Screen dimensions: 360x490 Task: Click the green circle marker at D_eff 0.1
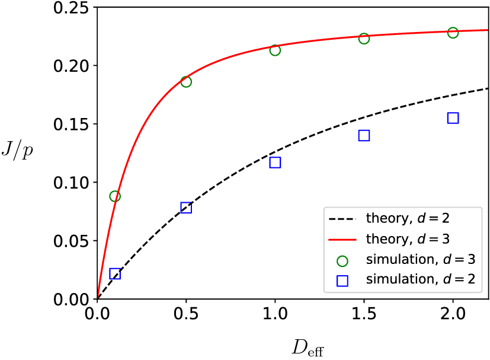coord(115,196)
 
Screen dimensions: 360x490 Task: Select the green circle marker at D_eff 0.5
coord(186,82)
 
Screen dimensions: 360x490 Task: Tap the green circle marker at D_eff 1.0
coord(275,50)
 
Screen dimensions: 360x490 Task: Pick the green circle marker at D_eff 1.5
coord(364,39)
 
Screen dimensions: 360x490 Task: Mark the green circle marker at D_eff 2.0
coord(453,33)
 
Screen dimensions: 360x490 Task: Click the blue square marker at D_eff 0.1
coord(115,273)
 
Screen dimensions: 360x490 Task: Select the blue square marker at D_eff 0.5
coord(186,208)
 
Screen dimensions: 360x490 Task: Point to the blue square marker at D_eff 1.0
coord(275,163)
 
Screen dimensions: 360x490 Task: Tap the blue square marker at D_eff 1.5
coord(364,135)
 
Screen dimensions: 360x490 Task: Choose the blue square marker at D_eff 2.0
coord(453,118)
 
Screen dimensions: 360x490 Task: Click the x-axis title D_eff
coord(306,348)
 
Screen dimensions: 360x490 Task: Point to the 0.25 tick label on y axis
coord(71,8)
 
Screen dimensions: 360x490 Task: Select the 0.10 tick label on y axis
coord(71,183)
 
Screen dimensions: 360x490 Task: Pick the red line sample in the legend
coord(342,239)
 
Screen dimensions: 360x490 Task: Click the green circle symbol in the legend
coord(342,260)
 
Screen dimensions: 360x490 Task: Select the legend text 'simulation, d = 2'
coord(421,280)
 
